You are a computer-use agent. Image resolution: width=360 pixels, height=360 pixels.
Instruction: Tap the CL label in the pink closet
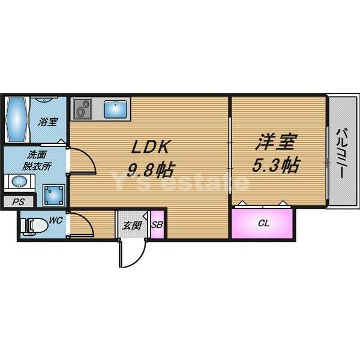263,224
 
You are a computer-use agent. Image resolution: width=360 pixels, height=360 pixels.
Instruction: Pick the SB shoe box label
157,225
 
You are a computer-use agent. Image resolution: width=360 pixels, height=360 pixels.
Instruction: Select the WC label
56,221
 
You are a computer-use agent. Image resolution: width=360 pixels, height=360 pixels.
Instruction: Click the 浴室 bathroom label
48,122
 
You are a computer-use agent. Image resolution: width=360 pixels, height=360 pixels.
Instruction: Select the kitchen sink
115,110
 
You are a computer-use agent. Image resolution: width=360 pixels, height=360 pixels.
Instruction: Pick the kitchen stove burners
82,109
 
